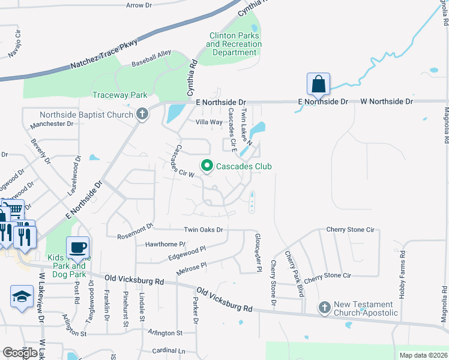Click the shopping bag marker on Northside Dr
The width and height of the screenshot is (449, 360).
(x=318, y=84)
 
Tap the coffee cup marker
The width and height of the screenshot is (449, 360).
(x=77, y=247)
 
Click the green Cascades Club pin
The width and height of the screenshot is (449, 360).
(x=207, y=166)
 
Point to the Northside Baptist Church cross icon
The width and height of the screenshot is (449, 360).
(x=142, y=114)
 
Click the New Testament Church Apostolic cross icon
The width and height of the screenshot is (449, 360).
(x=324, y=307)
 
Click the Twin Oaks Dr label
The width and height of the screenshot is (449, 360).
(x=203, y=230)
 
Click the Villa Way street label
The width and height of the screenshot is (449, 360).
(x=209, y=122)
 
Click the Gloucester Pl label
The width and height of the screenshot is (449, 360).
(x=258, y=253)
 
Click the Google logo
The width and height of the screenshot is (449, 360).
(x=20, y=353)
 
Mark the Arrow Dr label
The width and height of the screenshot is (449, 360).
(x=139, y=5)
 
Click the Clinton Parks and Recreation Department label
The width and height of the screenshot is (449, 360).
(x=234, y=44)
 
